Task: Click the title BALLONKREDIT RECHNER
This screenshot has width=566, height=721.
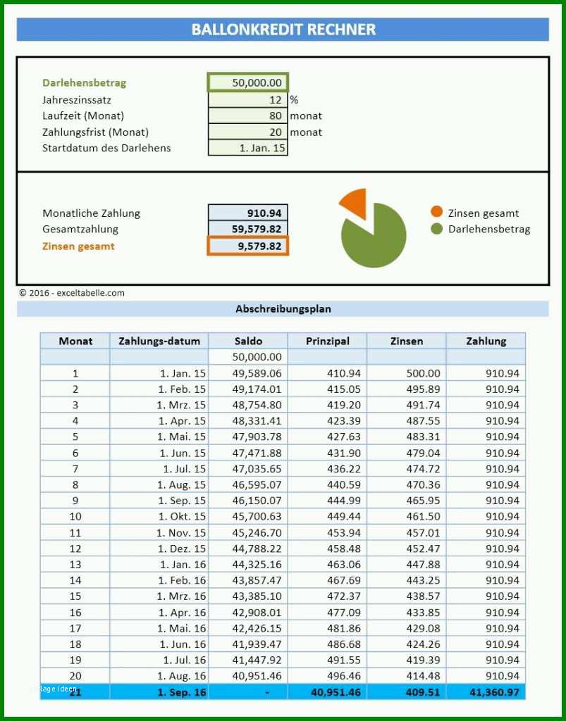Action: tap(283, 30)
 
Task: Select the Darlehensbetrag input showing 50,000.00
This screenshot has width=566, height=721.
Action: tap(248, 83)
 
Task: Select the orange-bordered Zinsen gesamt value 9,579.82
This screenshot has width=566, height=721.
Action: tap(248, 246)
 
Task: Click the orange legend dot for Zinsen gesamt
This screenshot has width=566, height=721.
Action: tap(437, 213)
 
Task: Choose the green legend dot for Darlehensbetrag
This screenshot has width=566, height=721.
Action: tap(437, 229)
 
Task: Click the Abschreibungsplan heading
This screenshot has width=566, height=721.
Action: tap(283, 309)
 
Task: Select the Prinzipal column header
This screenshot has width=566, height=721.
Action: tap(328, 341)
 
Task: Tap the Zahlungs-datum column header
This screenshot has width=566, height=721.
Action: tap(159, 341)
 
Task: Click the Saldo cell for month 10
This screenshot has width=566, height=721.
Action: tap(257, 516)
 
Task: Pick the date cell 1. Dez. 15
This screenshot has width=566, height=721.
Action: tap(182, 548)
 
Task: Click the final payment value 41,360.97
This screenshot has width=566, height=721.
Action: tap(494, 692)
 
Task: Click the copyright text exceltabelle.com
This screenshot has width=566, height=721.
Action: tap(90, 293)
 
